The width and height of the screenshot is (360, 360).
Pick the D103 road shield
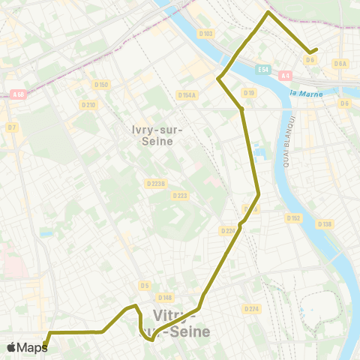pos(206,34)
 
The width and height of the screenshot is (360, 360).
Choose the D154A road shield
pos(187,94)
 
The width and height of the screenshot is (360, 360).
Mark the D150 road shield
pos(103,85)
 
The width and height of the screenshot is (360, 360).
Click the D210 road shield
pos(89,104)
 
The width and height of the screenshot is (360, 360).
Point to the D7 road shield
pos(11,127)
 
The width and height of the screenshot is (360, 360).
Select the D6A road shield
pos(341,64)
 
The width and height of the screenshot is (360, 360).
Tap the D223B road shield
pos(157,183)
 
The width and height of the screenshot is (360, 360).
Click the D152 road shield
pos(293,218)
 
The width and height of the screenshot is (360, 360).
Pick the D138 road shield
pos(324,224)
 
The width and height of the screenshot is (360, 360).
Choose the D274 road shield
pos(251,308)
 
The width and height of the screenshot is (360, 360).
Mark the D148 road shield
pos(165,298)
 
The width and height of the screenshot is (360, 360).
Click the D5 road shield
pos(144,285)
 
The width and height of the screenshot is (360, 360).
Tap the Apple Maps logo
pos(27,347)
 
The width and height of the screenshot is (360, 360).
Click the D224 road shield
pos(228,230)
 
